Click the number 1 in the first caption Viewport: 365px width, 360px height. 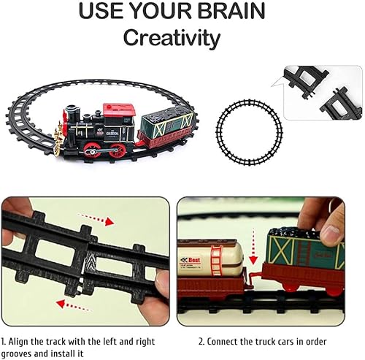click(4, 340)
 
